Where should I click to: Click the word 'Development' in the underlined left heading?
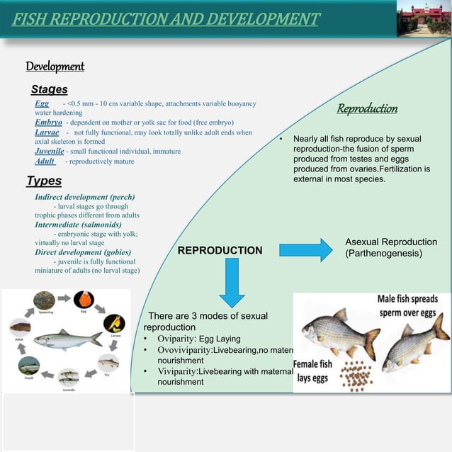[x=55, y=67]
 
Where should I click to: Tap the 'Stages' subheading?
[x=49, y=90]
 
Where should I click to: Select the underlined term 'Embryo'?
[x=48, y=123]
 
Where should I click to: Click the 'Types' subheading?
[x=44, y=181]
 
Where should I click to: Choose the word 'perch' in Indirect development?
[x=122, y=197]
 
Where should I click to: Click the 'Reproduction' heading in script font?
[x=367, y=108]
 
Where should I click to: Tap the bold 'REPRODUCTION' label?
[x=220, y=250]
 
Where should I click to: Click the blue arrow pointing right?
[x=305, y=249]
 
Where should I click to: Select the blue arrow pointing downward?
[x=231, y=282]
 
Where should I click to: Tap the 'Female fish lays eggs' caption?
[x=312, y=371]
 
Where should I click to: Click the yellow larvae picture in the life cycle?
[x=113, y=324]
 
